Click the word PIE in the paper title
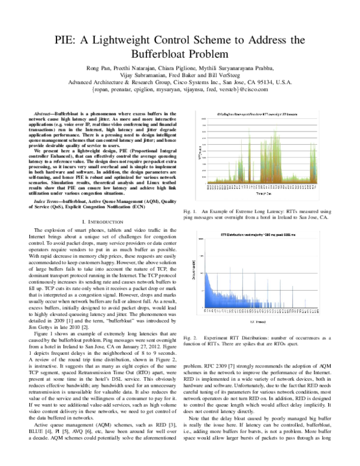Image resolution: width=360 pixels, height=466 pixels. pyautogui.click(x=67, y=40)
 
